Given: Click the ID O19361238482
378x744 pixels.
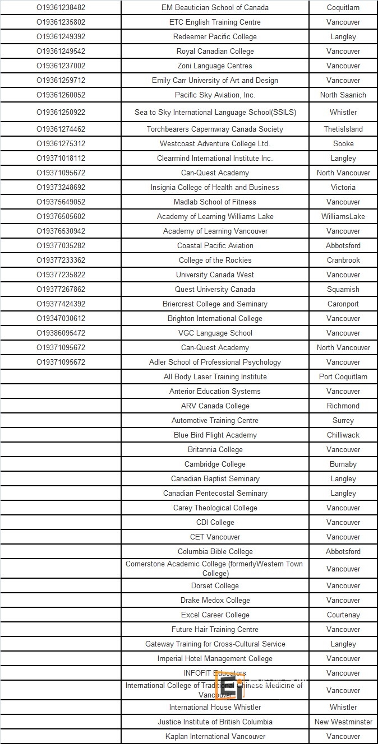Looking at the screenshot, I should pos(61,7).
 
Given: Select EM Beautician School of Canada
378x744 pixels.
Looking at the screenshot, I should pos(215,7).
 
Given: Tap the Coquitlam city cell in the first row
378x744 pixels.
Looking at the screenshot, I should pos(343,7).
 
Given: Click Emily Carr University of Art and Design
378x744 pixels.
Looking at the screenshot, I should pos(215,80).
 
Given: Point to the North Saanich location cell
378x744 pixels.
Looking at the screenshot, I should pos(343,95).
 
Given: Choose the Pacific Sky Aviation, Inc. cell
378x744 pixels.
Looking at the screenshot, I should pos(215,95).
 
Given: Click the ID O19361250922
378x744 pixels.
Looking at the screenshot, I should pos(61,112).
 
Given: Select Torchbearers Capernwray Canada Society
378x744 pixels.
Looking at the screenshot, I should pos(215,129).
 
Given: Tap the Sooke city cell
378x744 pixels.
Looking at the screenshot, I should pos(343,143).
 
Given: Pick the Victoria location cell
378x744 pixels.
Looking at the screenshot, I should pos(343,187).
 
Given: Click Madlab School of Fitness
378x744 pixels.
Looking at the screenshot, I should pos(215,202).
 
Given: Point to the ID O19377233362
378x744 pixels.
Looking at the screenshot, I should pos(61,260).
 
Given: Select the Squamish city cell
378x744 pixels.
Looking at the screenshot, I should pos(343,289).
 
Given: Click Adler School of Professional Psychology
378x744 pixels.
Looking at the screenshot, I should pos(215,362).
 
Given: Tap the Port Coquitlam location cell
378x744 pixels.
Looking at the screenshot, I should pos(343,376).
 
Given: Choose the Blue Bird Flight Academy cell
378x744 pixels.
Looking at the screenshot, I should pos(215,435).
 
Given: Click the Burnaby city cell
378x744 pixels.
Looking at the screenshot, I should pos(343,464).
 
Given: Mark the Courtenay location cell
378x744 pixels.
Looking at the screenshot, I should pos(343,615).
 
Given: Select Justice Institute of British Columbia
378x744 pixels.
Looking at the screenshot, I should pos(215,722).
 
